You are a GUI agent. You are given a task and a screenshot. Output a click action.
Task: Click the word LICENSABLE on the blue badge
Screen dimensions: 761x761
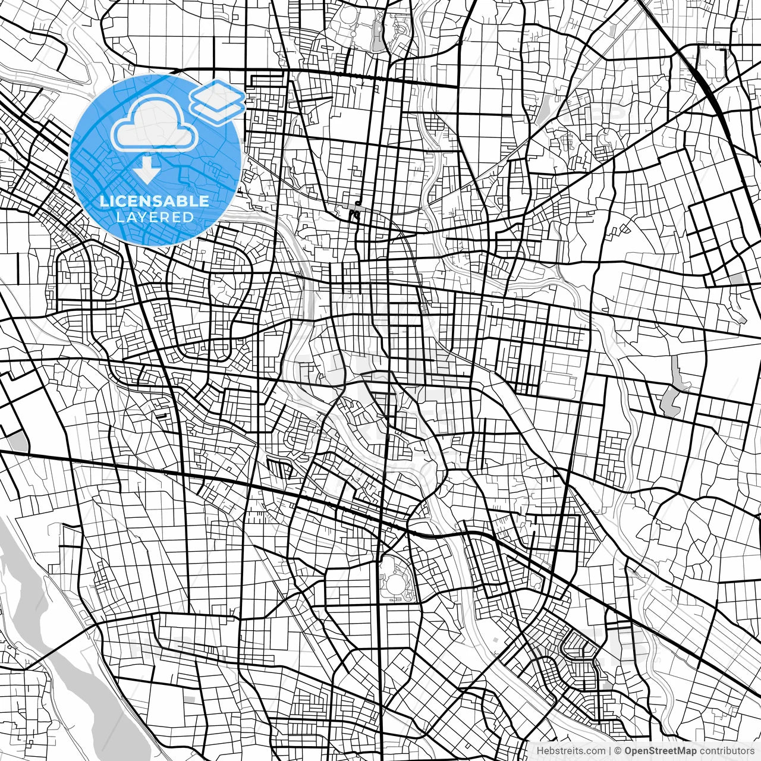click(x=154, y=201)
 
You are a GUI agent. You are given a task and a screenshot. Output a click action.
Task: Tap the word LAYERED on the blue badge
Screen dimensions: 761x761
click(x=154, y=217)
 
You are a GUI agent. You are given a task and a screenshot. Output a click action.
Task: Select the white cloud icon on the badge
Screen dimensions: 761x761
click(x=154, y=125)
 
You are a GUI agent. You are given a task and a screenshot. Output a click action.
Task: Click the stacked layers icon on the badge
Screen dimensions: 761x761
click(x=218, y=99)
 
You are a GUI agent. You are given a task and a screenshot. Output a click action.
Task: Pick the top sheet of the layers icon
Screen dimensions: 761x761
click(x=218, y=93)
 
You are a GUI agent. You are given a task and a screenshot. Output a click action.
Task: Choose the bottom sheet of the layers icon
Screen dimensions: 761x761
click(x=218, y=108)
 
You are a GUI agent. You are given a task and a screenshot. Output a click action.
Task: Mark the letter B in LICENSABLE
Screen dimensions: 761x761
click(x=183, y=201)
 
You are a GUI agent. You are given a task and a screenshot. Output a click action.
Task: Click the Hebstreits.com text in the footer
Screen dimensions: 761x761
click(x=571, y=751)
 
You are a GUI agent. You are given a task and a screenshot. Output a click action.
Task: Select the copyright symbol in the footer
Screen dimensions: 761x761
click(x=618, y=751)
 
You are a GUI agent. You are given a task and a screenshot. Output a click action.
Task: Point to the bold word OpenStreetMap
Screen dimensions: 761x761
click(x=660, y=751)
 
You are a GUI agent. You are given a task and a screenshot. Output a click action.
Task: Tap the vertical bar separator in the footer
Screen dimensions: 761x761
click(x=611, y=751)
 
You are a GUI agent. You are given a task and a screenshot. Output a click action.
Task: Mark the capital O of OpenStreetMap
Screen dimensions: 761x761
click(x=628, y=751)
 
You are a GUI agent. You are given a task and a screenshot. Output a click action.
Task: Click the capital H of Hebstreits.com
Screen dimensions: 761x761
click(x=539, y=751)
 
